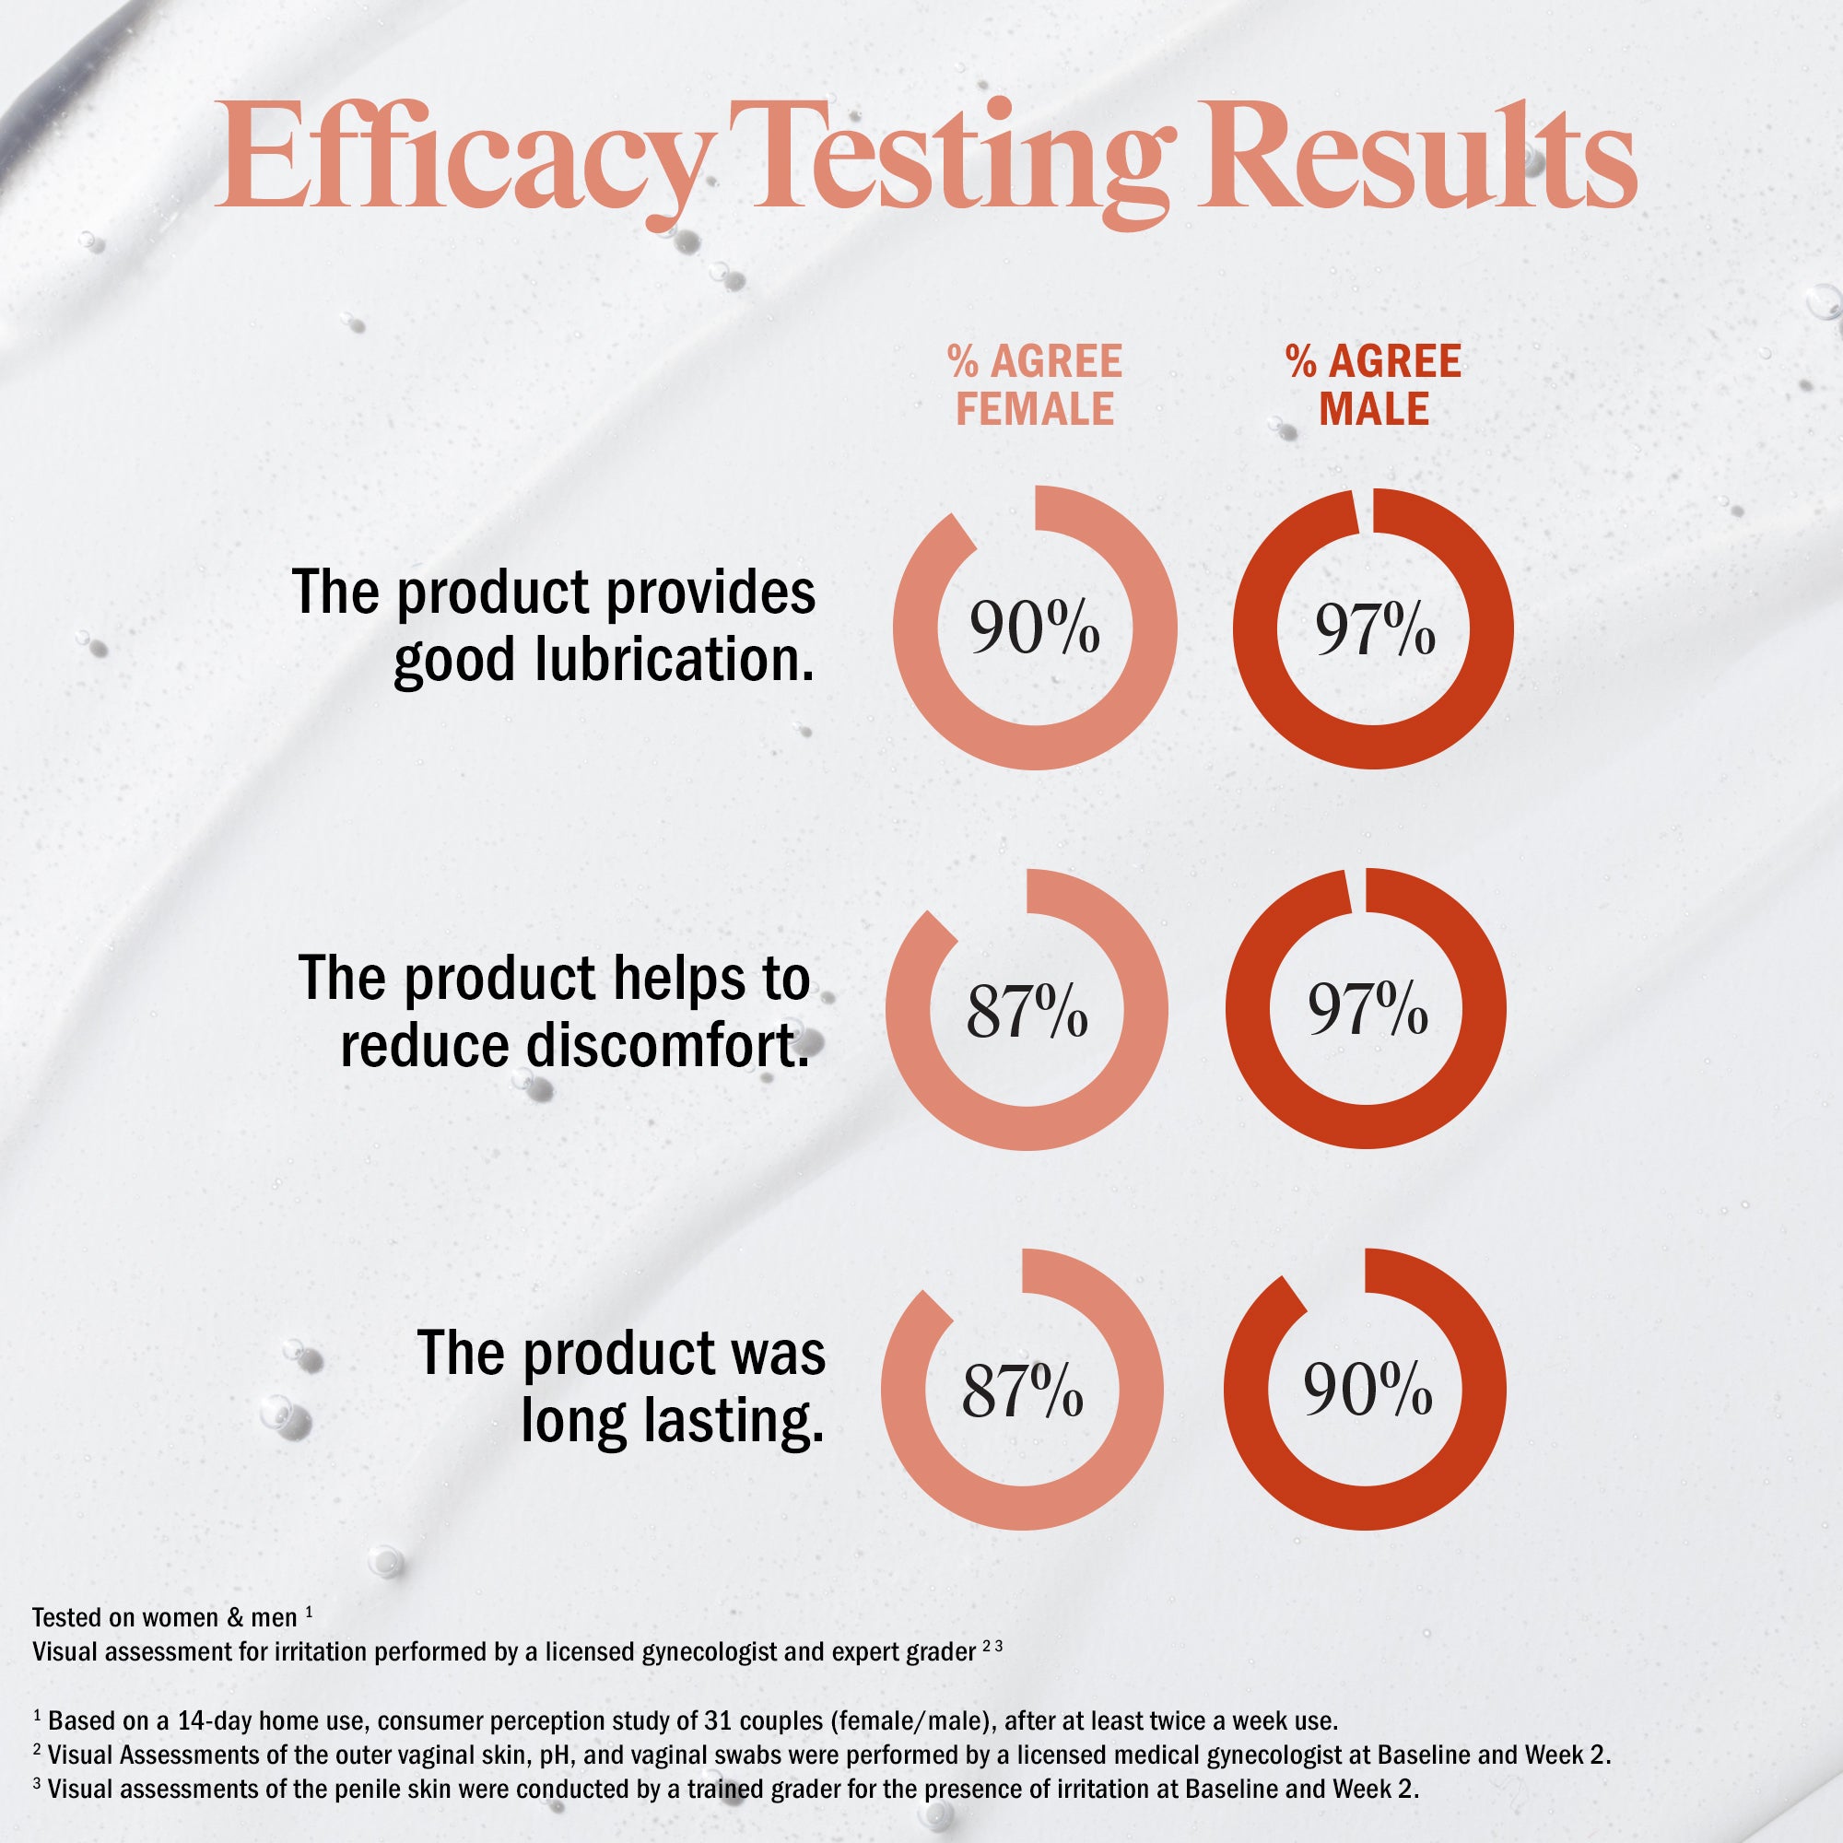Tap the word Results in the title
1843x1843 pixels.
[1415, 158]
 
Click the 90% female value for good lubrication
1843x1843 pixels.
[1035, 628]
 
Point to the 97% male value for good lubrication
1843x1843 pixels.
[1375, 629]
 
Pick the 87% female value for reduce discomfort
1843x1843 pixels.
[1027, 1010]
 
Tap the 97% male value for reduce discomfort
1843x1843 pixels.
[1367, 1009]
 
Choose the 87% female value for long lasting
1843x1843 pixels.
[1022, 1391]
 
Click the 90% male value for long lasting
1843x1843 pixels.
[1367, 1389]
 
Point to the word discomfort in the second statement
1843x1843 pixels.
[662, 1046]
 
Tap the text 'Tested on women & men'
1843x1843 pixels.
[164, 1618]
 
